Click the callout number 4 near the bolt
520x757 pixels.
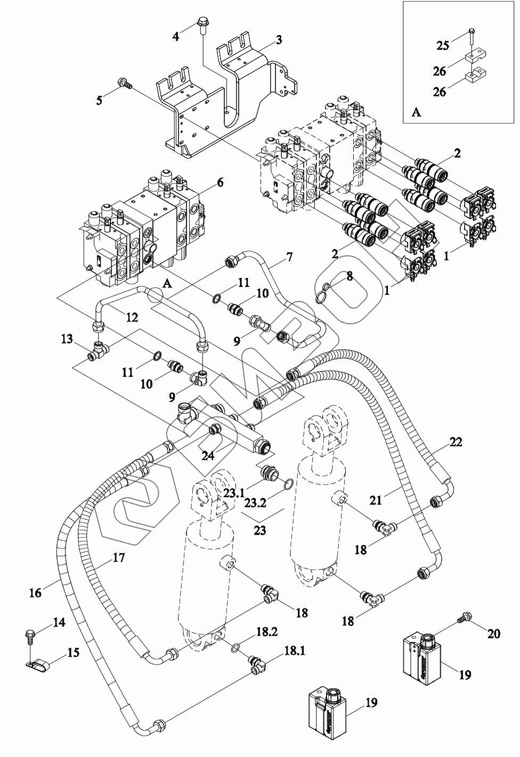[x=176, y=37]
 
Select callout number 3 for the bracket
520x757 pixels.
[x=278, y=40]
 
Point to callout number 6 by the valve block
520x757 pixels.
[x=220, y=183]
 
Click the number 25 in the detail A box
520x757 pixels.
[x=443, y=45]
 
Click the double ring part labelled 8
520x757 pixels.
[x=323, y=292]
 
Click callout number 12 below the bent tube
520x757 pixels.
[x=132, y=317]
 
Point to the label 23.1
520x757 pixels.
[x=233, y=493]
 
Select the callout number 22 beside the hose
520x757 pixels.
[x=456, y=441]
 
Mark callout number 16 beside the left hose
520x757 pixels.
[x=35, y=592]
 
